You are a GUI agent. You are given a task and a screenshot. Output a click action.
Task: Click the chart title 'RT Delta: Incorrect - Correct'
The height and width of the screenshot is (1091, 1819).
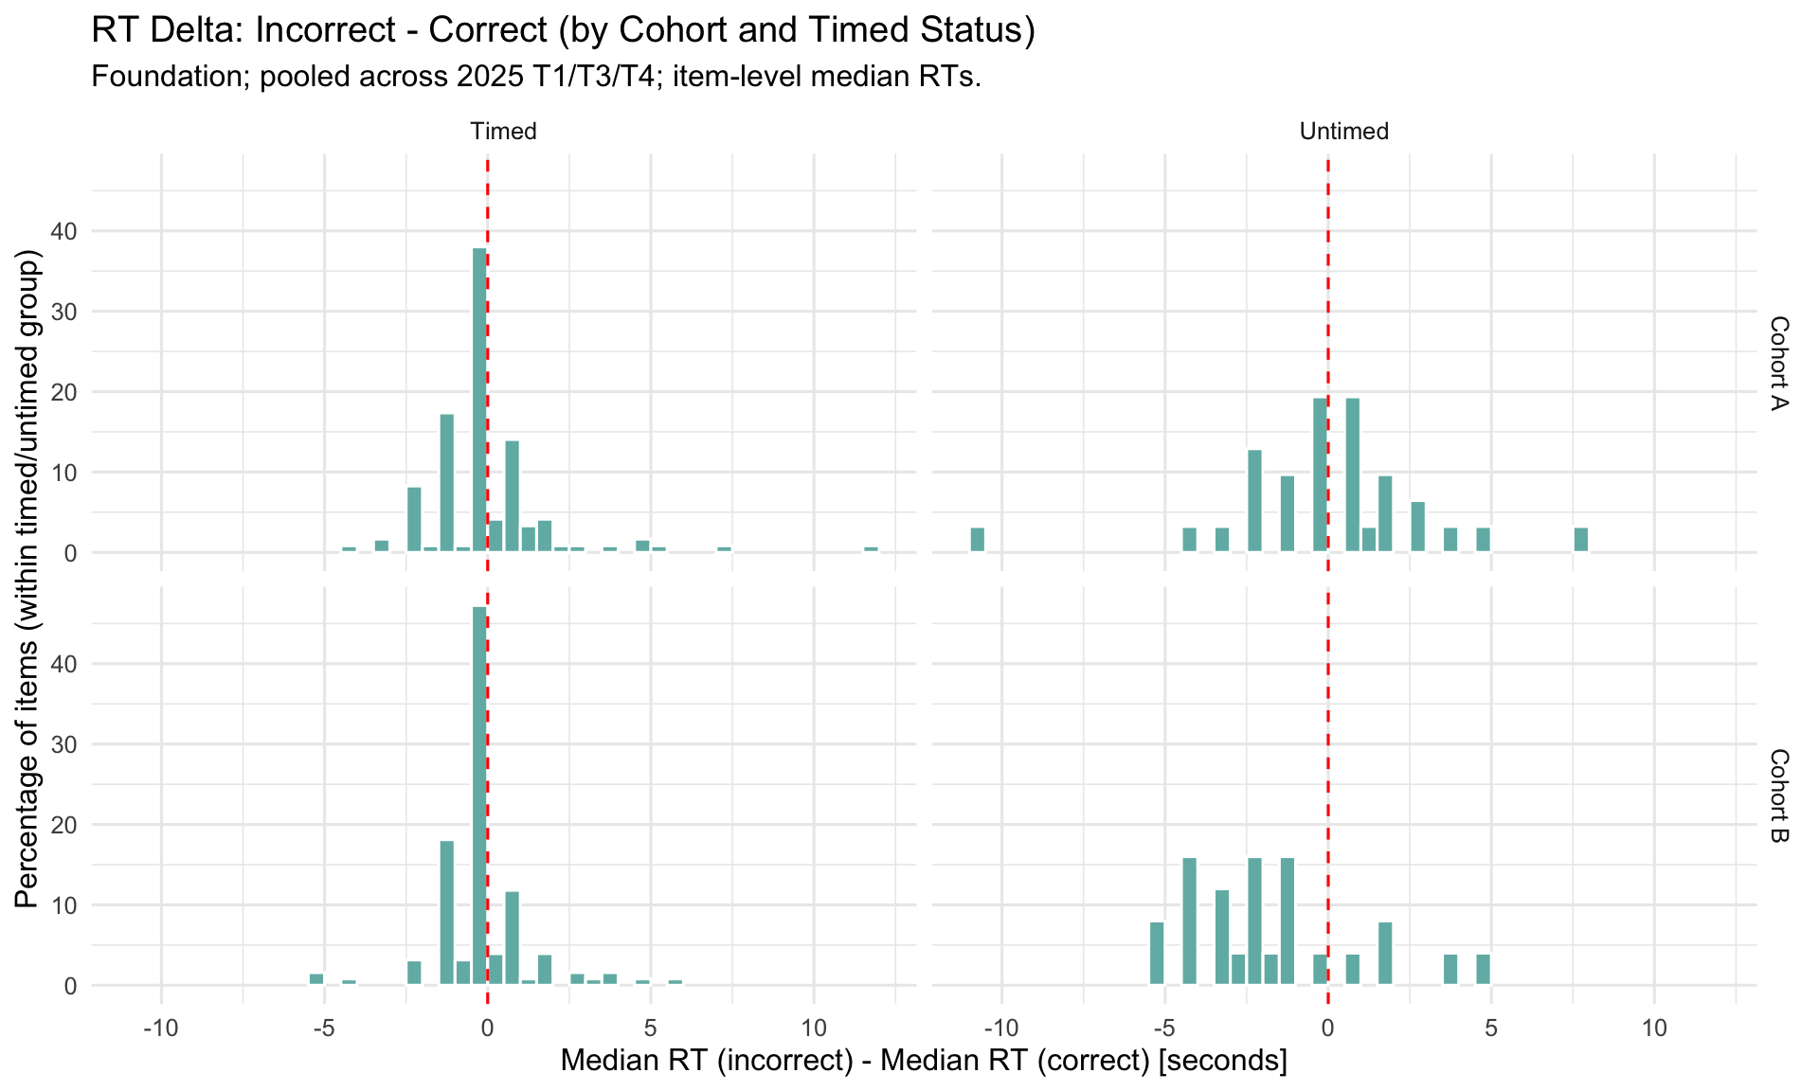pos(563,30)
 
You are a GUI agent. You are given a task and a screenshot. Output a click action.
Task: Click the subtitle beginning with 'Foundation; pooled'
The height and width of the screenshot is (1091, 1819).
pos(535,77)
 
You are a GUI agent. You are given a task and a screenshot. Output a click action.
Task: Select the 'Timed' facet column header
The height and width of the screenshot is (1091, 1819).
pos(503,132)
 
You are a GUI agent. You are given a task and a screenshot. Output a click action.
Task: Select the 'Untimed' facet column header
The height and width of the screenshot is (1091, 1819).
pos(1343,132)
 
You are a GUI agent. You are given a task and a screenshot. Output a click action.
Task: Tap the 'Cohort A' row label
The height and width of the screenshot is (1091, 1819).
pos(1778,364)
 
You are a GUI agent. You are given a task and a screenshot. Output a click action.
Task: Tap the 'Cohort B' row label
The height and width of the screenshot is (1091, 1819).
pos(1778,796)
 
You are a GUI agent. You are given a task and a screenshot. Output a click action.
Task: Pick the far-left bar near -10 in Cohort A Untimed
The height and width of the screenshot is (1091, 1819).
pos(978,540)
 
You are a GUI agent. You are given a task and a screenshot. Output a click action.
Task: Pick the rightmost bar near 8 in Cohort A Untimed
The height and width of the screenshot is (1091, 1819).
pos(1581,540)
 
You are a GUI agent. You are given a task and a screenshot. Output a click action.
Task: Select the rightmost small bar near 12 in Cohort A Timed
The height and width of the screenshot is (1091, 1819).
pos(871,549)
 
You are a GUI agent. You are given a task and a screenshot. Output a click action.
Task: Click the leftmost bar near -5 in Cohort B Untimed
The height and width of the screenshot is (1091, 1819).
pos(1157,954)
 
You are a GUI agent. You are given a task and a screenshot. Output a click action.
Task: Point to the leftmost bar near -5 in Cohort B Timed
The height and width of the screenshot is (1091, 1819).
pos(316,979)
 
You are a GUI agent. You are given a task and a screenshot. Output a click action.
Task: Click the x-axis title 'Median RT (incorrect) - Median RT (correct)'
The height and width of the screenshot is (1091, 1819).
pos(924,1061)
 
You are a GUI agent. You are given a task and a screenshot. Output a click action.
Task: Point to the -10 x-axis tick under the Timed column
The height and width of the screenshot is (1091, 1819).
pos(160,1028)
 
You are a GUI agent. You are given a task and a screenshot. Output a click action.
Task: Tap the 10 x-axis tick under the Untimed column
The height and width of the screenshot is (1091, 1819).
pos(1654,1028)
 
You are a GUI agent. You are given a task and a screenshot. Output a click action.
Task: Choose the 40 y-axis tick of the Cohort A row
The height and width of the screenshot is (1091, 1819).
pos(71,231)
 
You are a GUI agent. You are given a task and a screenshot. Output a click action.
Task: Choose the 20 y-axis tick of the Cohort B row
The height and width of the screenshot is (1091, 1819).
pos(71,825)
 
